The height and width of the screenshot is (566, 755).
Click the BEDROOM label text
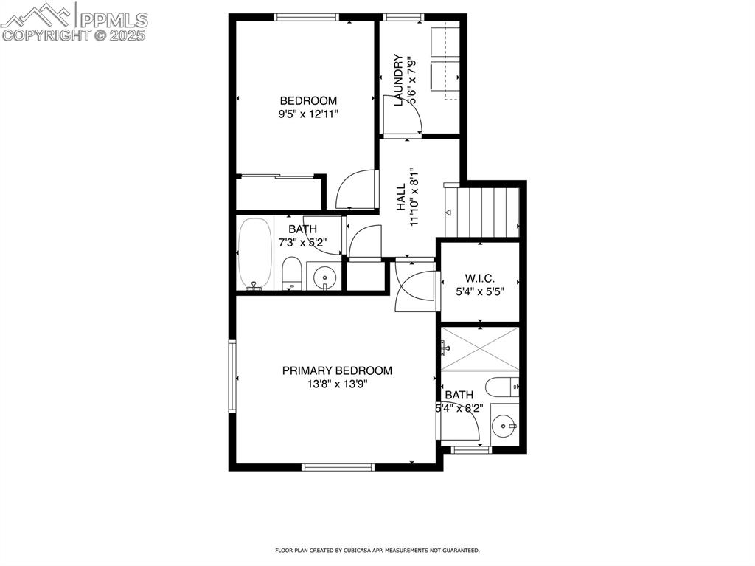coord(308,100)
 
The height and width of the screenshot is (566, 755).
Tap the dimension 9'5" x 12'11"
coord(308,114)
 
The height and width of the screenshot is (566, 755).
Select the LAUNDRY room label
coord(398,80)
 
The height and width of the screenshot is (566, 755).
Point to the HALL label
coord(401,198)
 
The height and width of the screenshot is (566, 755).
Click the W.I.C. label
coord(479,278)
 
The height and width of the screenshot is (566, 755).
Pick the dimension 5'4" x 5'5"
coord(479,291)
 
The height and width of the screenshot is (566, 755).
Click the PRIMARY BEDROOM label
coord(337,370)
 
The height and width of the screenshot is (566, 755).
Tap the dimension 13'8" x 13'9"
coord(337,384)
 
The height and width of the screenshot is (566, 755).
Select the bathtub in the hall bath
coord(255,254)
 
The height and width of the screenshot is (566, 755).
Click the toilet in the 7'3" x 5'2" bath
coord(292,273)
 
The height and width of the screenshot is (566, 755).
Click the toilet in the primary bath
coord(502,387)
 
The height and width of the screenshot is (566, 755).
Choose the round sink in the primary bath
coord(504,425)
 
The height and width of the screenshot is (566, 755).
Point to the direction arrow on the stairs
coord(448,213)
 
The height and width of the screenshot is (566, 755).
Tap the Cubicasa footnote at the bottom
coord(377,550)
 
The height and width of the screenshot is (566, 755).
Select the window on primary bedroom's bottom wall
coord(338,466)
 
